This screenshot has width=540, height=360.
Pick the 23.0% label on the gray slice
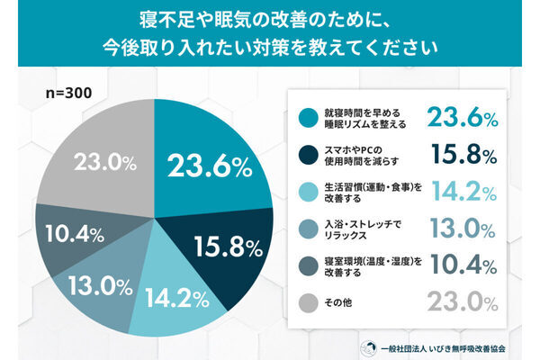click(96, 165)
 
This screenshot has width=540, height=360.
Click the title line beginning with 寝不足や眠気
click(269, 19)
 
